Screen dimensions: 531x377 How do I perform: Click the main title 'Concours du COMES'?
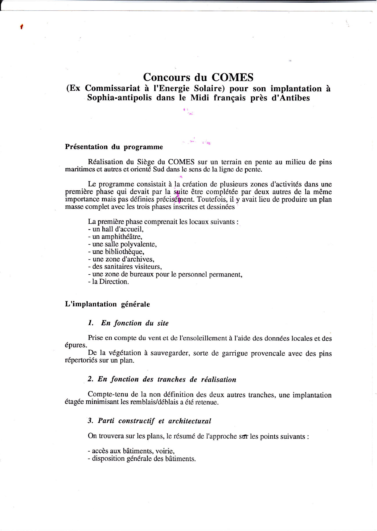[198, 77]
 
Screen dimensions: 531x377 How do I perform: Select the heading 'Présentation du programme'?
[114, 147]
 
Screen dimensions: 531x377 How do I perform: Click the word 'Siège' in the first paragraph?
[146, 162]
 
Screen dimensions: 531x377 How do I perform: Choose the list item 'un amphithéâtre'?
[115, 237]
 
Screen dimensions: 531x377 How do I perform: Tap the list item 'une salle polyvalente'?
[122, 244]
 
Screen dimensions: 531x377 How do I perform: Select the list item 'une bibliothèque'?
[116, 252]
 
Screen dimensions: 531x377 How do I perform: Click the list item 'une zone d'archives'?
[121, 259]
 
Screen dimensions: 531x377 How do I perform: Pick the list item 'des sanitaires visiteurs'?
[125, 267]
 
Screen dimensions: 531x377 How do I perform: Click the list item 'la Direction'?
[108, 282]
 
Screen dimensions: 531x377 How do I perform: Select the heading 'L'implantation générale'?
[107, 304]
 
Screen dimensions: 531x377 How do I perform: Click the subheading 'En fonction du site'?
[135, 323]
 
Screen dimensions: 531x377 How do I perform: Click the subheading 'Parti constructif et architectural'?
[154, 421]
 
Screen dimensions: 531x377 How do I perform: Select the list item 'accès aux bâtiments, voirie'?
[131, 451]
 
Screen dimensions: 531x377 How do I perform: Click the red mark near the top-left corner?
[22, 27]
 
